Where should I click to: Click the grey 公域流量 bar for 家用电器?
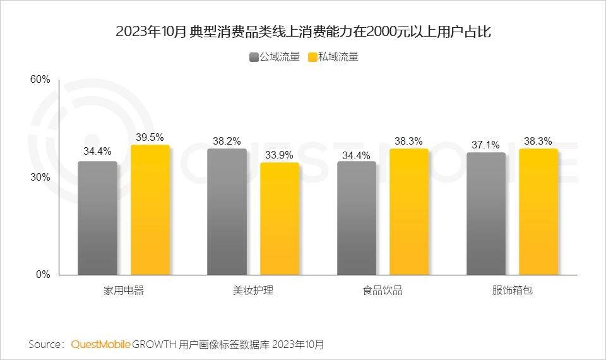coord(97,218)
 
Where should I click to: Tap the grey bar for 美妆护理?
coord(227,212)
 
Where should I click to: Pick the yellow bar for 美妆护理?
coord(280,219)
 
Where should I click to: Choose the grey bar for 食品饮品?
coord(357,218)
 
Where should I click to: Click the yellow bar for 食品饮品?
coord(409,212)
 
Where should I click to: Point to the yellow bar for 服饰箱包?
coord(538,212)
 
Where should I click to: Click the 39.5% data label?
coord(150,137)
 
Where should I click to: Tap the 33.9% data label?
coord(280,155)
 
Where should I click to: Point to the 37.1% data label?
coord(486,145)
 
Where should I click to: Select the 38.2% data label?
coord(227,141)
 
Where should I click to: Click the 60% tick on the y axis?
coord(40,80)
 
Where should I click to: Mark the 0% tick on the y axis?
coord(42,275)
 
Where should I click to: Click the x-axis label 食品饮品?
coord(383,291)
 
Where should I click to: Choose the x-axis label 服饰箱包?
coord(513,291)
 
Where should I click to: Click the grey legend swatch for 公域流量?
coord(254,57)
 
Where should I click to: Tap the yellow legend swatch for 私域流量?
coord(312,57)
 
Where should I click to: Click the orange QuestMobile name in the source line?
coord(101,345)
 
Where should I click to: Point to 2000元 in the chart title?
coord(391,32)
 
